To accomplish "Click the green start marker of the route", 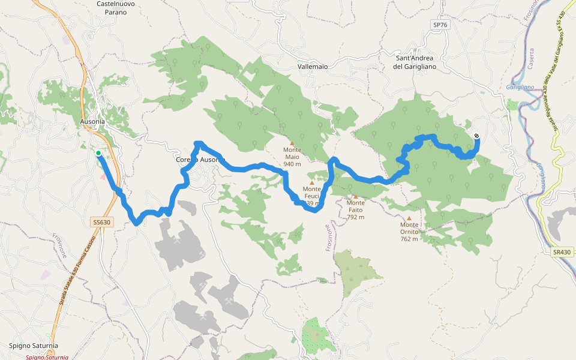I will tap(98, 153).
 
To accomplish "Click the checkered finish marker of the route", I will tap(476, 136).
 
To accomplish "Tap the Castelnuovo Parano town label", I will tap(112, 8).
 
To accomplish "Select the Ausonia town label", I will tap(92, 121).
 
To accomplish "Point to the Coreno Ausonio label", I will tap(200, 160).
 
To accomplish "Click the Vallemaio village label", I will tap(313, 67).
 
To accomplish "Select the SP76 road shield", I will tap(440, 25).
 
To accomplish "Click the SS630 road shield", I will tap(102, 222).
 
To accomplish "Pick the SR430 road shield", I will tap(562, 253).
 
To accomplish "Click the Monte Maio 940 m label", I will tap(292, 157).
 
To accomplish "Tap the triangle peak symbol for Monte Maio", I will tap(292, 143).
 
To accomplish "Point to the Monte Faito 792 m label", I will tap(355, 210).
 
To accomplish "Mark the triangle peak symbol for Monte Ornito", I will tap(409, 218).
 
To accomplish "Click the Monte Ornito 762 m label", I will tap(409, 235).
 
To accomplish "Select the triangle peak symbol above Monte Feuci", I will tap(311, 182).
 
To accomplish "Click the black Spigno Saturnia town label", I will tap(34, 346).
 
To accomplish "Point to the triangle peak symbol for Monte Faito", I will tap(355, 196).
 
